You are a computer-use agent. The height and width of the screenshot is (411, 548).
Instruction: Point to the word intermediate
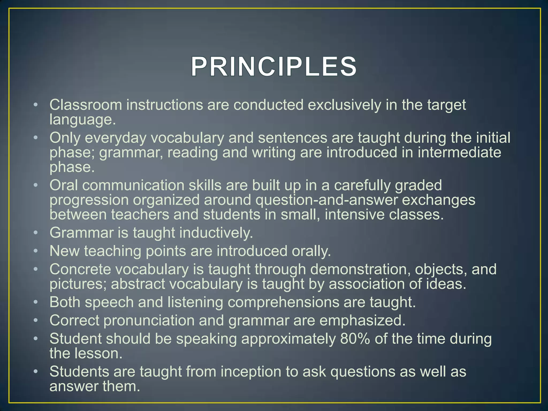[x=459, y=153]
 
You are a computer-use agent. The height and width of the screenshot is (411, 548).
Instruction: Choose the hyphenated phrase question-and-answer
[x=326, y=200]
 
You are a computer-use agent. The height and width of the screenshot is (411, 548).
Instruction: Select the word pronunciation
[x=149, y=320]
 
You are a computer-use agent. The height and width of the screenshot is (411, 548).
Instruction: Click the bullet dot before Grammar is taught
[x=36, y=233]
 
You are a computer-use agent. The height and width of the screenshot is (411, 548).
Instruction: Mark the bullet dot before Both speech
[x=36, y=302]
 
